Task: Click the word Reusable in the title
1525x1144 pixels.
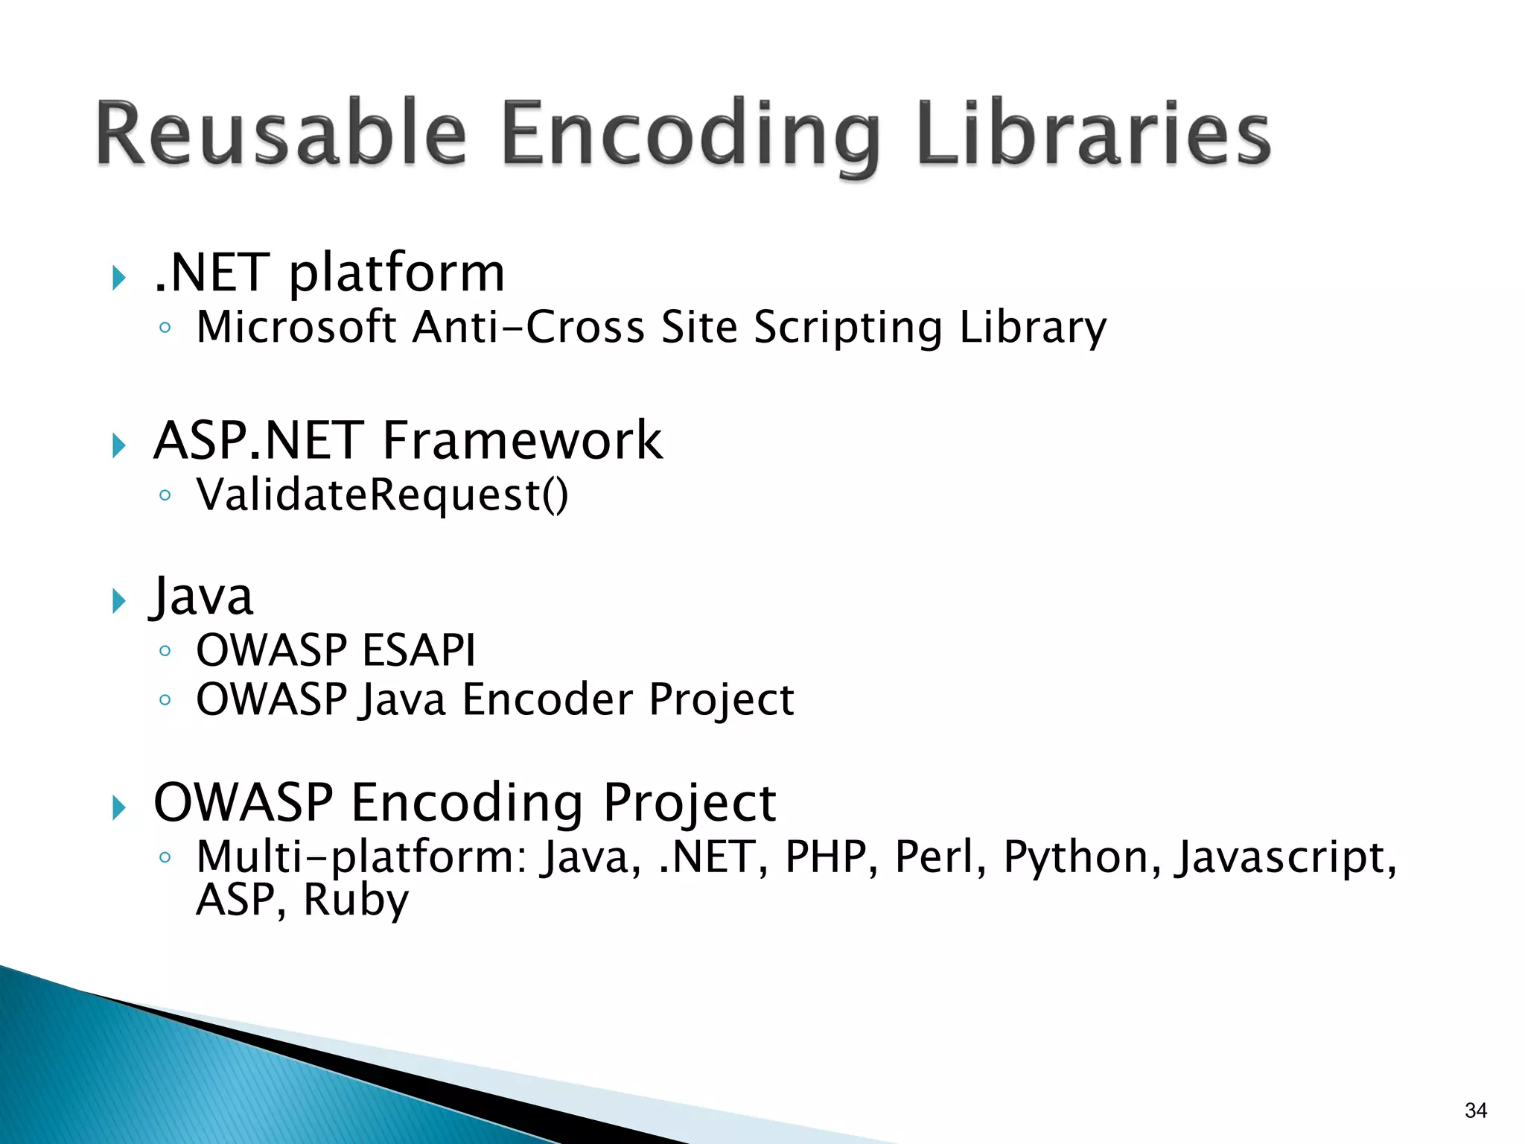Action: (281, 134)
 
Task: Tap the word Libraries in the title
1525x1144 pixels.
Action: (1093, 134)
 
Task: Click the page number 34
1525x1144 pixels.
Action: (1475, 1110)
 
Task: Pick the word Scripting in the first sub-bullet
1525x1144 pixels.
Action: (848, 328)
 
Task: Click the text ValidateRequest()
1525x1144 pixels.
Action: (382, 495)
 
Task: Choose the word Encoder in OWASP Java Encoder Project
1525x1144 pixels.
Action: (547, 699)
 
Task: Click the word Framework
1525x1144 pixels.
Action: (522, 440)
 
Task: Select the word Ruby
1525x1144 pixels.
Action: (355, 900)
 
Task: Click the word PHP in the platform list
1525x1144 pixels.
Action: (826, 857)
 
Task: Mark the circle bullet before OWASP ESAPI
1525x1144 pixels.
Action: (165, 651)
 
